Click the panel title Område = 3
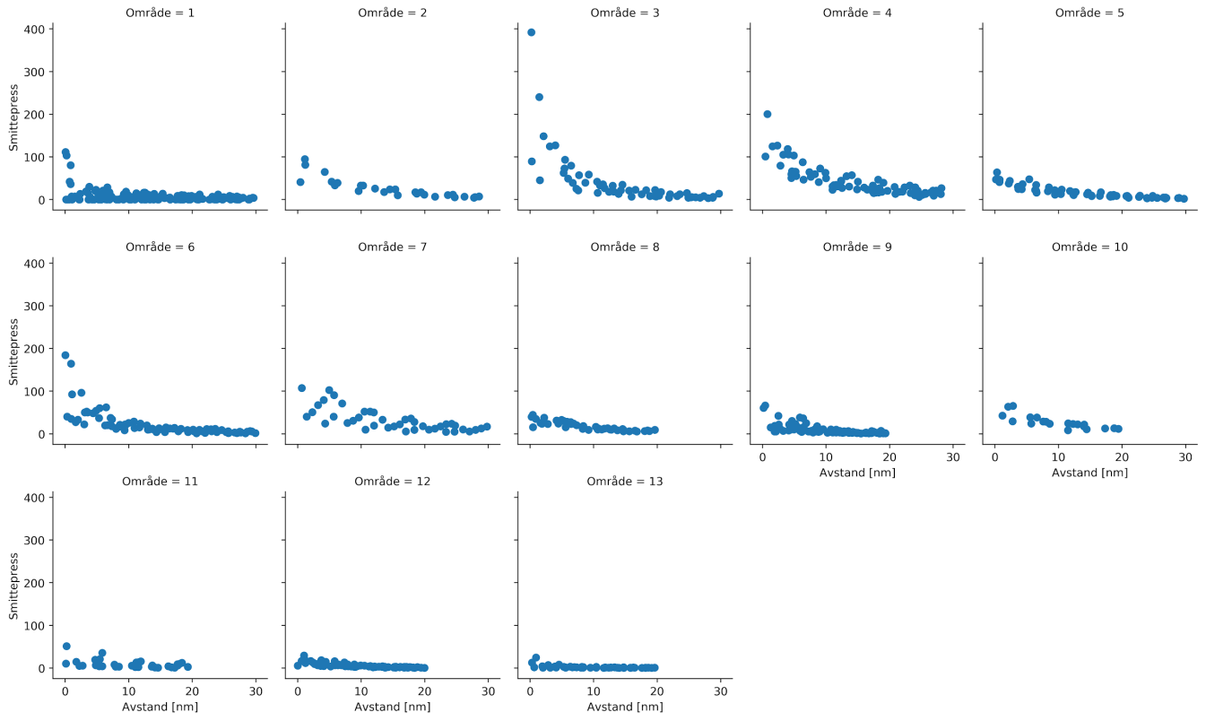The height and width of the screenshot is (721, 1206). [625, 13]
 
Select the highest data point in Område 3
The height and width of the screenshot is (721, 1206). [531, 32]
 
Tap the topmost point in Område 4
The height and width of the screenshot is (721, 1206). [768, 114]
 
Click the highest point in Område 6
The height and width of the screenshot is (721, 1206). [65, 355]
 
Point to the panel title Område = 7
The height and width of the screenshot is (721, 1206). [393, 247]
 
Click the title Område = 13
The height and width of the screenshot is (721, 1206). [625, 482]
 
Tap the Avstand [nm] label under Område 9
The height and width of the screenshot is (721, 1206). [857, 472]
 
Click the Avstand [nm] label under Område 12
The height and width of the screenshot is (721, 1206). [393, 707]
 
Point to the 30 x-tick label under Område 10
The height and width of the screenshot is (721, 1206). [1185, 456]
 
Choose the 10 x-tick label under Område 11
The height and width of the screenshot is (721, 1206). [128, 691]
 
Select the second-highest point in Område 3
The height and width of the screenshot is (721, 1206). [539, 97]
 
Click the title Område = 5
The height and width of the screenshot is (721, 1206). [1089, 13]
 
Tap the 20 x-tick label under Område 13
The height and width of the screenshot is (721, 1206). [657, 691]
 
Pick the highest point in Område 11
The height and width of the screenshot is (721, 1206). [66, 646]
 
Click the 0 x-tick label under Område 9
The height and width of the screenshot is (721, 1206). [762, 456]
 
